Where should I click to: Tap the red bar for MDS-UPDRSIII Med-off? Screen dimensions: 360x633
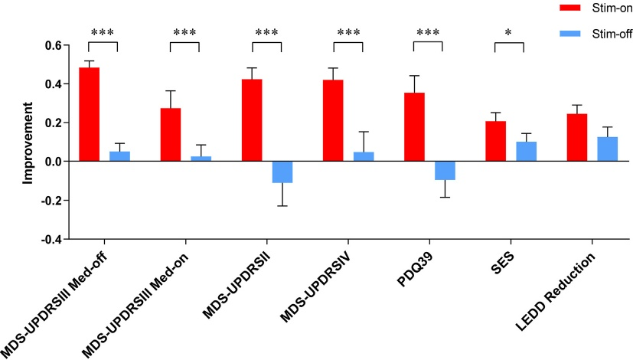89,114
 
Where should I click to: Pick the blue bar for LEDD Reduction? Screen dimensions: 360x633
608,149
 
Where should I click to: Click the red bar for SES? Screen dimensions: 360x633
495,142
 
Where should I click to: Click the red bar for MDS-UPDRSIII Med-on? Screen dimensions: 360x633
171,135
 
